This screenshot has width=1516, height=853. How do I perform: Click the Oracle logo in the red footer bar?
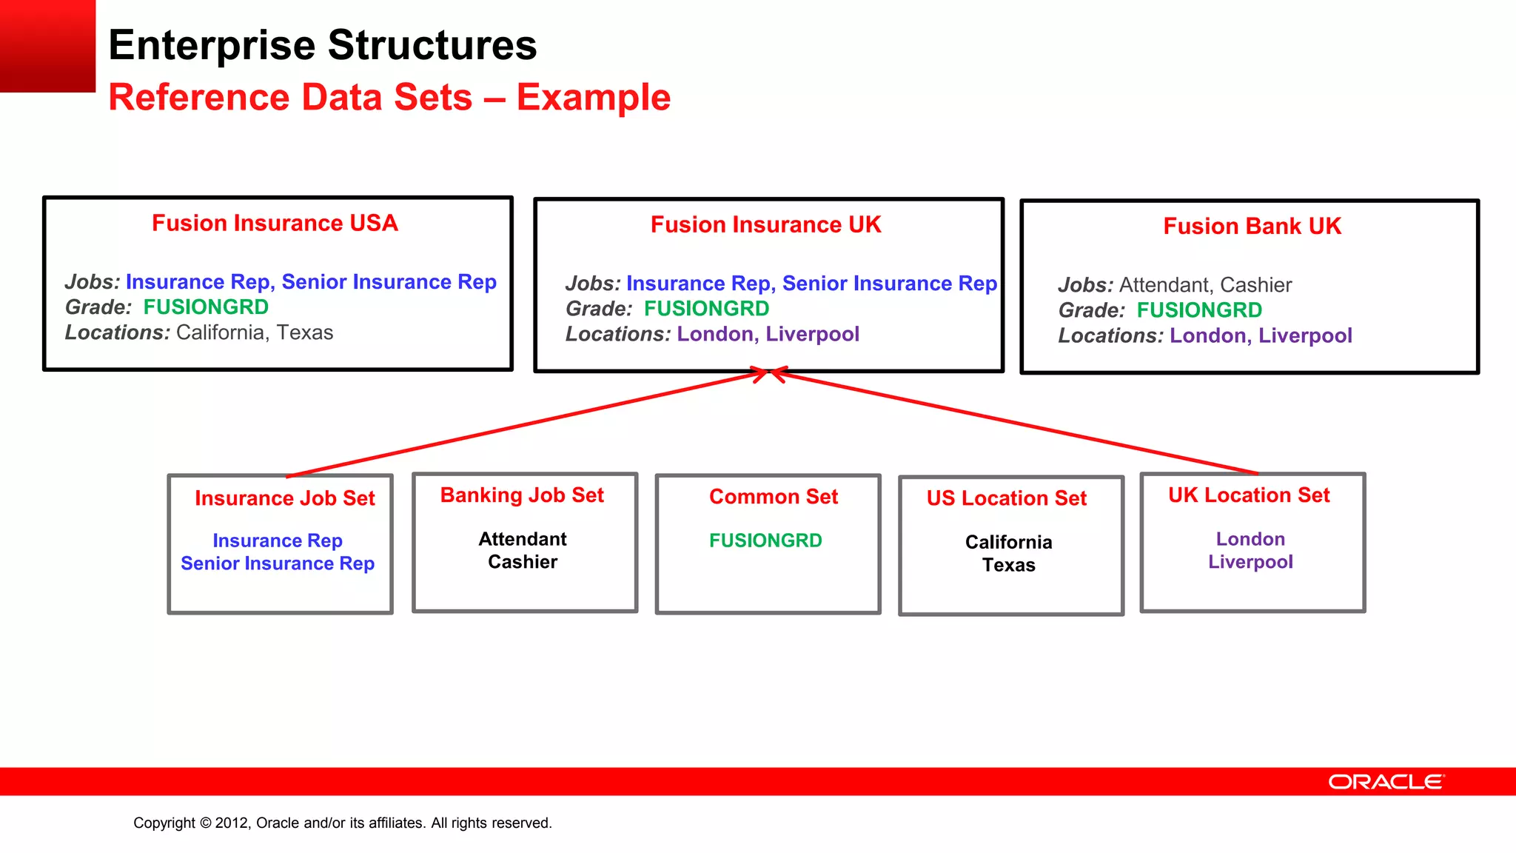pyautogui.click(x=1385, y=782)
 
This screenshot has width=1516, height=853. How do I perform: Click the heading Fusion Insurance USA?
pyautogui.click(x=275, y=223)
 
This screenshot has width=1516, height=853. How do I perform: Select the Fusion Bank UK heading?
pyautogui.click(x=1252, y=226)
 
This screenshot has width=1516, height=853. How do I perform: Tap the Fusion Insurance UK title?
pyautogui.click(x=765, y=224)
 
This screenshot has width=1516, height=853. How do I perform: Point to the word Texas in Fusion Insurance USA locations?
pyautogui.click(x=305, y=332)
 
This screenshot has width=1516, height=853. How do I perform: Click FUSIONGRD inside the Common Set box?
pyautogui.click(x=765, y=541)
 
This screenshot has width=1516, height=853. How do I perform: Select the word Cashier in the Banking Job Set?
pyautogui.click(x=523, y=562)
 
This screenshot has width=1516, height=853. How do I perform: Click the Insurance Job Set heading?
pyautogui.click(x=285, y=498)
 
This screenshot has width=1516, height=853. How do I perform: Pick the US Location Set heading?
pyautogui.click(x=1007, y=498)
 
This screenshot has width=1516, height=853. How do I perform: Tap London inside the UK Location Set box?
pyautogui.click(x=1250, y=539)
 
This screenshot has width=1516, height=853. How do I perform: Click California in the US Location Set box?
pyautogui.click(x=1008, y=542)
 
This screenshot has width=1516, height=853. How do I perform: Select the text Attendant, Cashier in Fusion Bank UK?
pyautogui.click(x=1205, y=285)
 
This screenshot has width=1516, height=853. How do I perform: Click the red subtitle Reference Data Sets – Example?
pyautogui.click(x=389, y=98)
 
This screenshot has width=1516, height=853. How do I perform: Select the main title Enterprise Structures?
pyautogui.click(x=323, y=45)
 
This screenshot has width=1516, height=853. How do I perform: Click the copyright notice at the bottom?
pyautogui.click(x=343, y=823)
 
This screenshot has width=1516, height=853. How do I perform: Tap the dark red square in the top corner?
pyautogui.click(x=47, y=45)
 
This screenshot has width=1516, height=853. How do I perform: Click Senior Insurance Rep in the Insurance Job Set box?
pyautogui.click(x=278, y=563)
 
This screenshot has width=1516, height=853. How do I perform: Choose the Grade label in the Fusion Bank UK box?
pyautogui.click(x=1091, y=310)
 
